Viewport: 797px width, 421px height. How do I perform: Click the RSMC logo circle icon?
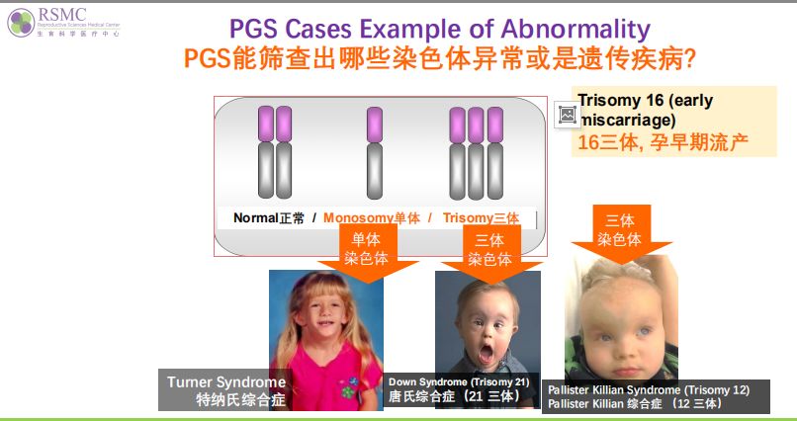pyautogui.click(x=21, y=23)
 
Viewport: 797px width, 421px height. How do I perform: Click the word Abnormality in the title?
pyautogui.click(x=576, y=30)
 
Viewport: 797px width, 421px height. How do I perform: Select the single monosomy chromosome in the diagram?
pyautogui.click(x=375, y=153)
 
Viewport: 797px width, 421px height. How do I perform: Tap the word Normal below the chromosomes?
pyautogui.click(x=256, y=217)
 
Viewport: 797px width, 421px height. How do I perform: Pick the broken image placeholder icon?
pyautogui.click(x=568, y=115)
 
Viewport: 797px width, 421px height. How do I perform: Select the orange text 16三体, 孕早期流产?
pyautogui.click(x=663, y=142)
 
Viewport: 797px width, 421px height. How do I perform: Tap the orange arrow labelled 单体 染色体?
pyautogui.click(x=367, y=252)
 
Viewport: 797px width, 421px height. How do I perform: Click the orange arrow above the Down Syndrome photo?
pyautogui.click(x=490, y=253)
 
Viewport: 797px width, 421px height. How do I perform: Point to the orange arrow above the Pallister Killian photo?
pyautogui.click(x=621, y=233)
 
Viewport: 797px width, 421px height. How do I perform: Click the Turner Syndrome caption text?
pyautogui.click(x=226, y=382)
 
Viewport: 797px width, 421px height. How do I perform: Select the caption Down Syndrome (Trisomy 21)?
pyautogui.click(x=459, y=381)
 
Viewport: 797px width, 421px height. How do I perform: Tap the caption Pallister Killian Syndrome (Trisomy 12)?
pyautogui.click(x=649, y=390)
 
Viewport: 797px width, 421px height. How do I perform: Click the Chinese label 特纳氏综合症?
pyautogui.click(x=241, y=400)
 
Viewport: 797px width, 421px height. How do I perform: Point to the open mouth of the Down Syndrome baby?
pyautogui.click(x=486, y=353)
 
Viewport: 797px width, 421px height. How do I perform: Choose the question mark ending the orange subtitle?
pyautogui.click(x=690, y=59)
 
